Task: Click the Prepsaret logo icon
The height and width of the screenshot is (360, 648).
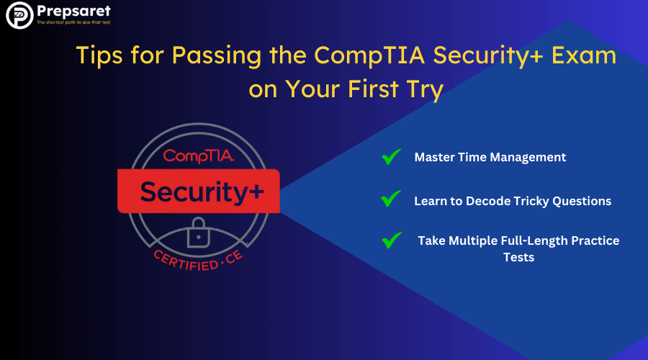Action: (x=19, y=17)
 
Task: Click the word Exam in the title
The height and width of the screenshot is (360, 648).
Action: (x=590, y=56)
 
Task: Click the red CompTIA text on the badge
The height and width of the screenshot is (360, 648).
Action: (x=198, y=155)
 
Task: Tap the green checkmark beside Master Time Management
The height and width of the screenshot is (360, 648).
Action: (x=391, y=157)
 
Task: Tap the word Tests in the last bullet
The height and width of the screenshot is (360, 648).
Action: (x=518, y=257)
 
